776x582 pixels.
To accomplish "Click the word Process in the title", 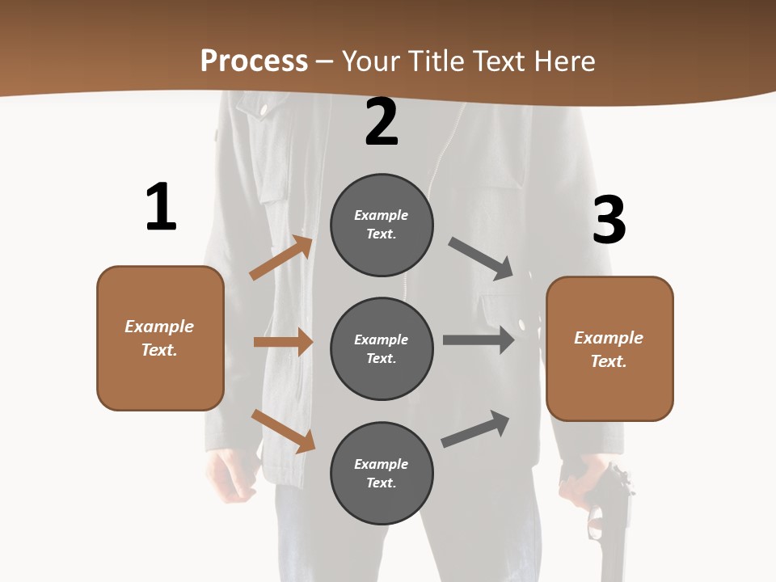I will pyautogui.click(x=254, y=61).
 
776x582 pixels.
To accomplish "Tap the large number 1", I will pyautogui.click(x=161, y=207).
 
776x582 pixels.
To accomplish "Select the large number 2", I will pyautogui.click(x=382, y=122).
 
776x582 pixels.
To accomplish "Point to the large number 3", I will pyautogui.click(x=609, y=220).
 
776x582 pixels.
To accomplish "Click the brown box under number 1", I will pyautogui.click(x=160, y=338).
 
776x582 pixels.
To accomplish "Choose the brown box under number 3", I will pyautogui.click(x=609, y=348).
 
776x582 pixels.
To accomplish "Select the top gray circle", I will pyautogui.click(x=382, y=225).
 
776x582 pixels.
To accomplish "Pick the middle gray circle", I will pyautogui.click(x=382, y=348).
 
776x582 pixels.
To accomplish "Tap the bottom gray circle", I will pyautogui.click(x=382, y=473).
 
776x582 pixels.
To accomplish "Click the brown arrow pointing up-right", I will pyautogui.click(x=281, y=258).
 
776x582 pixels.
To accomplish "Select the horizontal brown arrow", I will pyautogui.click(x=283, y=342).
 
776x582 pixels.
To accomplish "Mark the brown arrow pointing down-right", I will pyautogui.click(x=283, y=431).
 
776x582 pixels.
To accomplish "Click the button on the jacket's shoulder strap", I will pyautogui.click(x=264, y=108).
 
